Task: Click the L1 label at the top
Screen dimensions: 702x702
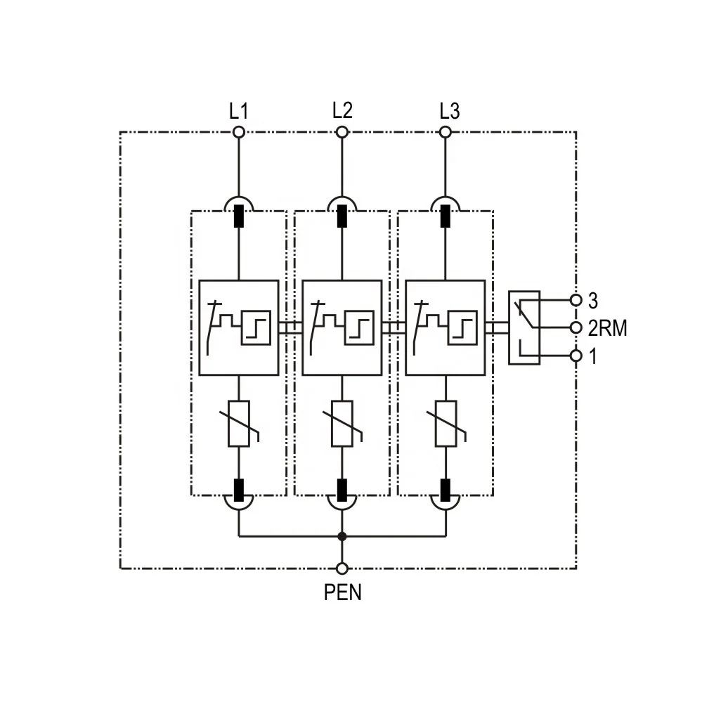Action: pyautogui.click(x=238, y=111)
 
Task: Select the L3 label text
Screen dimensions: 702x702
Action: pyautogui.click(x=450, y=111)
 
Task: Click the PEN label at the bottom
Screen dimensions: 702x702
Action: pyautogui.click(x=342, y=592)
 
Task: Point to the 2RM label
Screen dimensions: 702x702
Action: pyautogui.click(x=606, y=328)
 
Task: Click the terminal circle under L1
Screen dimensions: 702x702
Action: pyautogui.click(x=239, y=132)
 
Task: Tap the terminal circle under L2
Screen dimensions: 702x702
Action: pyautogui.click(x=342, y=132)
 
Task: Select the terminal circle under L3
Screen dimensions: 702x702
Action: pyautogui.click(x=446, y=132)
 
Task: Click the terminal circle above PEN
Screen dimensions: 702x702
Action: pyautogui.click(x=342, y=568)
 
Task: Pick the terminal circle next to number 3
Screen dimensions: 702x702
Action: pyautogui.click(x=576, y=300)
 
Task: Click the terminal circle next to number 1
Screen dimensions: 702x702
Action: pyautogui.click(x=576, y=356)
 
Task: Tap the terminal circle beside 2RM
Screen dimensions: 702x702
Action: pyautogui.click(x=576, y=328)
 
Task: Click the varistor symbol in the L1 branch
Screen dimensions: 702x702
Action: pyautogui.click(x=240, y=424)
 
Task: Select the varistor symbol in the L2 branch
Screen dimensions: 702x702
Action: pyautogui.click(x=343, y=424)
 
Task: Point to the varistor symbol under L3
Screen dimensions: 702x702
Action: pyautogui.click(x=446, y=424)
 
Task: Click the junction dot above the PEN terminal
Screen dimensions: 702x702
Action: pyautogui.click(x=342, y=536)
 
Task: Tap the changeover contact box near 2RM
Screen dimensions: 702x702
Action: pyautogui.click(x=524, y=328)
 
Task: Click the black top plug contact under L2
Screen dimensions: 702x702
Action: pyautogui.click(x=342, y=216)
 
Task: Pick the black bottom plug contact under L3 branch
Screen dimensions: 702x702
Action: pyautogui.click(x=446, y=488)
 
